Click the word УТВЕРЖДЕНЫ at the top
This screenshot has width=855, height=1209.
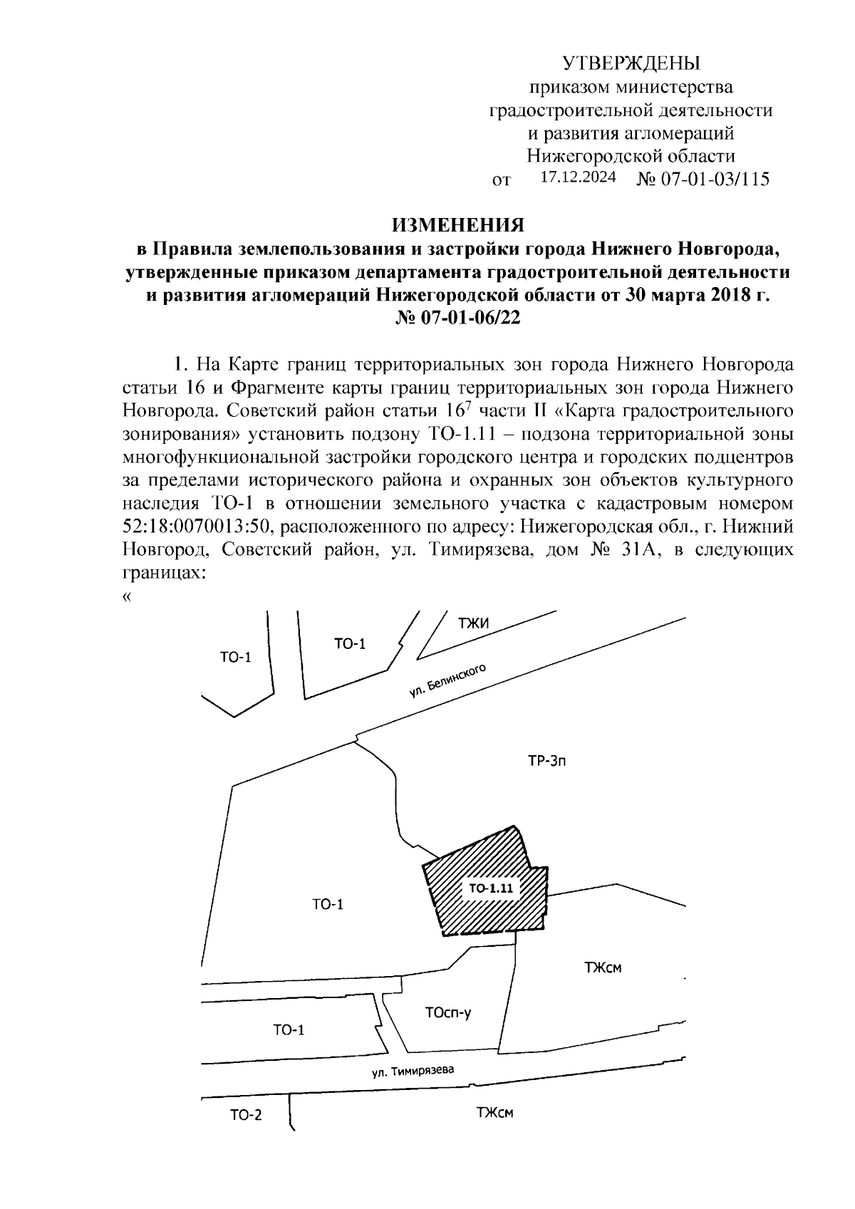[x=631, y=64]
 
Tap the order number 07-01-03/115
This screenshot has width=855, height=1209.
[x=715, y=179]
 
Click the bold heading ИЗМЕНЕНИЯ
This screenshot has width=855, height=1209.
[x=458, y=226]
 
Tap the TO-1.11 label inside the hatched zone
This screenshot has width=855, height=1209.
[x=491, y=888]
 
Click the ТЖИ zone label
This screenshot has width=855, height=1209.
[x=473, y=623]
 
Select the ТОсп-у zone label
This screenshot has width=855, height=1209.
[x=447, y=1012]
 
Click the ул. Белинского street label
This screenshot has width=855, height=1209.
[x=447, y=681]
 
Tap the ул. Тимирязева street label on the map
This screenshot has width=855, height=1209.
[x=412, y=1072]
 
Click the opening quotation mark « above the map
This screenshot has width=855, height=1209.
[x=127, y=597]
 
